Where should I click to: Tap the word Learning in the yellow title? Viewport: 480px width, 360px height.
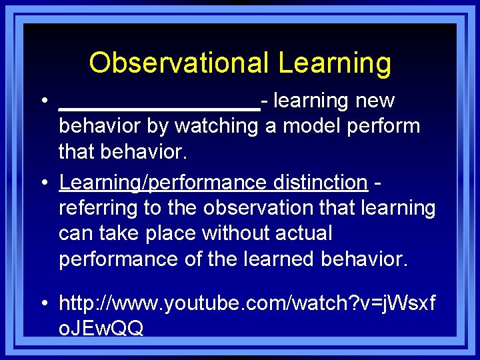click(x=335, y=63)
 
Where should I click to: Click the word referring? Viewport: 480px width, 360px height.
click(x=98, y=208)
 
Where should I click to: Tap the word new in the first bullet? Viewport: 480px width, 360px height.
click(x=375, y=101)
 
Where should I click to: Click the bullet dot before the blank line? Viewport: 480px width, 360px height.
click(x=43, y=101)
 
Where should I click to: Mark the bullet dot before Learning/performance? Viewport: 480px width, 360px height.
click(x=43, y=183)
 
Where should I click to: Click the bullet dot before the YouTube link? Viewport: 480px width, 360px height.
click(x=43, y=305)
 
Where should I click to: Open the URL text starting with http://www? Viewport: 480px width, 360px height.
click(x=247, y=304)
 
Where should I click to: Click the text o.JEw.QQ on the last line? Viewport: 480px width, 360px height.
click(x=101, y=329)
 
